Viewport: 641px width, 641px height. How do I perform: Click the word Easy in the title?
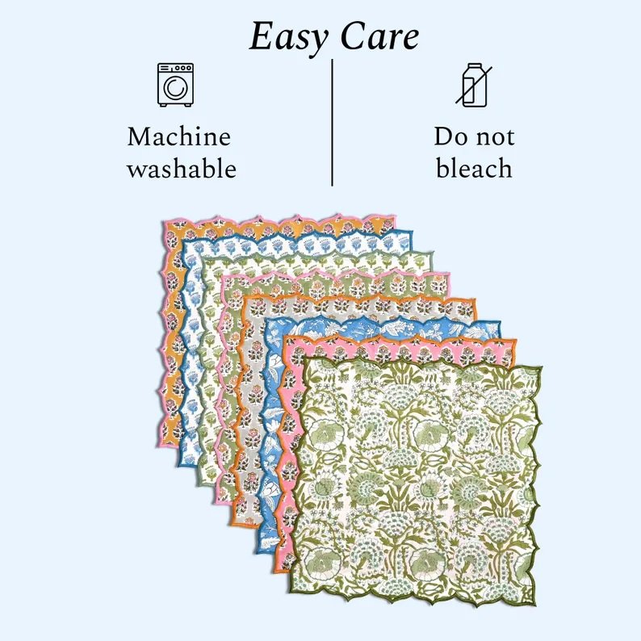pyautogui.click(x=288, y=38)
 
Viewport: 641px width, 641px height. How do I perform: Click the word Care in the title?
pyautogui.click(x=379, y=36)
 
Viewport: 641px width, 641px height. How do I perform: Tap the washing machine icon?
pyautogui.click(x=175, y=85)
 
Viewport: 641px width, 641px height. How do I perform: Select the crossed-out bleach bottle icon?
pyautogui.click(x=474, y=85)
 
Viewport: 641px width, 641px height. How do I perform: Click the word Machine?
pyautogui.click(x=179, y=136)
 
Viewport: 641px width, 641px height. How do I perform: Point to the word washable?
pyautogui.click(x=182, y=169)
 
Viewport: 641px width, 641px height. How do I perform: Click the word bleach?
pyautogui.click(x=474, y=169)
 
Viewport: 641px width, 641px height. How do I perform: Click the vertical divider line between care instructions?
pyautogui.click(x=332, y=123)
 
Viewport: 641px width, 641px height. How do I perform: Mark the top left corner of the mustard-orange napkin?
pyautogui.click(x=165, y=223)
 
